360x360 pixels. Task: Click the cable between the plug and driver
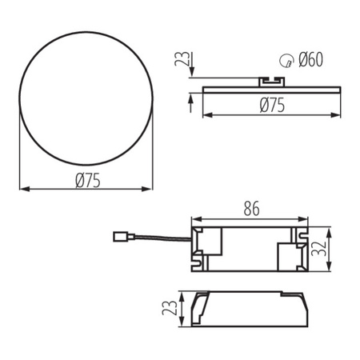point(160,239)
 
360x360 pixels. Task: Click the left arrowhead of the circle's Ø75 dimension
point(22,190)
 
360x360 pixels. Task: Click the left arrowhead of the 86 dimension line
point(194,218)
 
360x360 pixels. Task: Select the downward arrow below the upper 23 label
point(191,74)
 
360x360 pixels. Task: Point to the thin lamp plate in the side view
point(264,88)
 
